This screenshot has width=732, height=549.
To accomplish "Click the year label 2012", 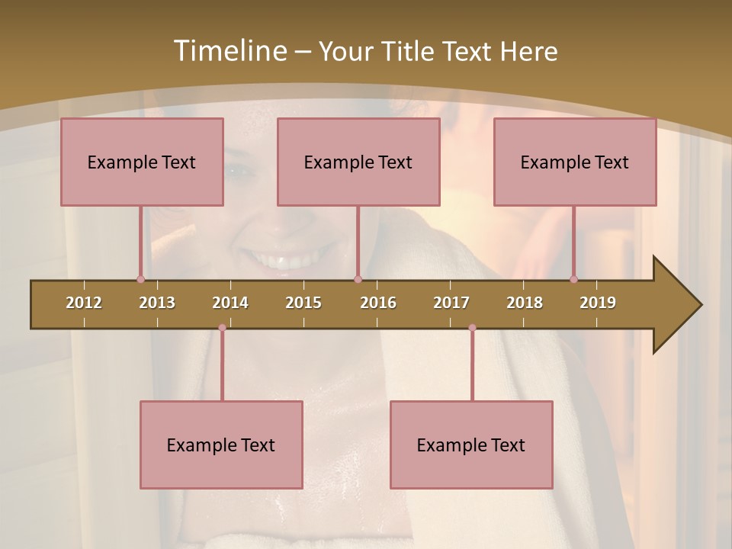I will click(x=84, y=303).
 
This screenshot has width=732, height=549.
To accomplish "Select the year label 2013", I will click(x=157, y=303).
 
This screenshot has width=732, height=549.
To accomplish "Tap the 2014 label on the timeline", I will click(x=230, y=303).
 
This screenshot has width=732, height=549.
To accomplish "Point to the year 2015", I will click(x=303, y=303).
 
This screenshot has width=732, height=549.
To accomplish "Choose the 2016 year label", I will click(x=378, y=303).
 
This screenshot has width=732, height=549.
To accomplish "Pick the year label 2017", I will click(x=451, y=303).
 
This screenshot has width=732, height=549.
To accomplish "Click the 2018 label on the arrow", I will click(x=525, y=303).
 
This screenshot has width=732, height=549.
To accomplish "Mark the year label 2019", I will click(x=598, y=303).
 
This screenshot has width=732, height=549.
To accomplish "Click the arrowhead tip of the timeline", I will click(x=700, y=305).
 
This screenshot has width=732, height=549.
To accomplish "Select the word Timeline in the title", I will click(x=229, y=51).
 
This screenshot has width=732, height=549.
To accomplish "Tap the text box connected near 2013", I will click(x=142, y=162).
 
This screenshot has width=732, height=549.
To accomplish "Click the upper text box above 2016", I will click(x=358, y=162).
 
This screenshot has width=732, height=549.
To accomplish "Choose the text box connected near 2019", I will click(x=575, y=162).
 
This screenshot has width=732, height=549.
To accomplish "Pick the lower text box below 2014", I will click(x=221, y=445).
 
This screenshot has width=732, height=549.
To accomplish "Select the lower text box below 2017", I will click(x=471, y=445).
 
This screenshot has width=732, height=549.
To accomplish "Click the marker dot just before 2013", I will click(x=140, y=279).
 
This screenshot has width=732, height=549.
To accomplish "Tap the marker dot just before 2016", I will click(x=358, y=279).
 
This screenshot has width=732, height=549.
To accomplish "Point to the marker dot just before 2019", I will click(x=573, y=279).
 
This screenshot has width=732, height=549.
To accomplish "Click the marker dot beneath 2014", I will click(x=222, y=328).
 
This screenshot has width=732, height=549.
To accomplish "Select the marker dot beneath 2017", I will click(x=472, y=328).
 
